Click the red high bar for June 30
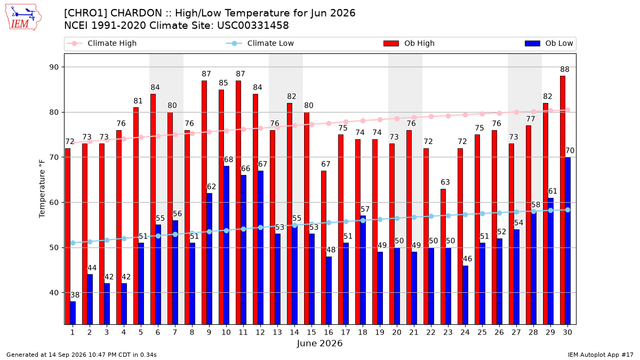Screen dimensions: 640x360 [x=563, y=200]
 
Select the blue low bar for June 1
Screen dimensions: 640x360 [x=73, y=313]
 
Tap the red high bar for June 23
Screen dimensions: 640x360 [x=443, y=257]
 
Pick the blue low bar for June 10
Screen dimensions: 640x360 [x=226, y=245]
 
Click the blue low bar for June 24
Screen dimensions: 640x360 [x=465, y=295]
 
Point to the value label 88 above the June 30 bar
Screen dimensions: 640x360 [x=565, y=69]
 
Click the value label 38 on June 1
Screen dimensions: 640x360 [x=75, y=295]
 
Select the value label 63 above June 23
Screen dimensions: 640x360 [x=445, y=182]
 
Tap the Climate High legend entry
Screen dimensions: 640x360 [x=102, y=43]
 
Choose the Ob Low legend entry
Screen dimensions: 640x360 [x=549, y=43]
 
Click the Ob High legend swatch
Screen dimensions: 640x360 [x=391, y=43]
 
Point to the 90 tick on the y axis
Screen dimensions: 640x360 [x=54, y=67]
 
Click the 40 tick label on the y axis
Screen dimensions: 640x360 [x=54, y=293]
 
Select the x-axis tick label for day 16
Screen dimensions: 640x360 [x=329, y=332]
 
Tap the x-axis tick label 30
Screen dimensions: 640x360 [x=567, y=332]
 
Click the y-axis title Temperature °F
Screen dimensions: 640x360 [x=42, y=189]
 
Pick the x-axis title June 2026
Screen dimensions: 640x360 [x=319, y=343]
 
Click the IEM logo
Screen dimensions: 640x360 [x=23, y=18]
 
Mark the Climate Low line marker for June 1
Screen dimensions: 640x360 [x=73, y=243]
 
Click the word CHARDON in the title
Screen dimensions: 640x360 [x=136, y=13]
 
